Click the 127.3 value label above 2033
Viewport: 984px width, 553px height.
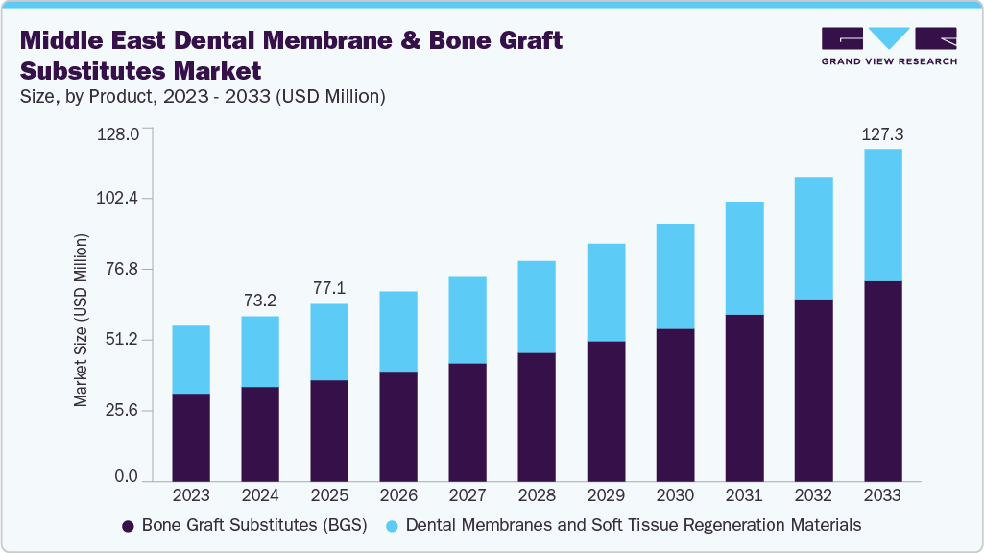click(x=882, y=135)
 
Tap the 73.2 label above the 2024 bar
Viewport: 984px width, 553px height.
click(x=260, y=301)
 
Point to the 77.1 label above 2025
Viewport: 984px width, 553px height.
click(x=329, y=288)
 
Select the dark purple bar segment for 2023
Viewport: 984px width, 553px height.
click(x=191, y=437)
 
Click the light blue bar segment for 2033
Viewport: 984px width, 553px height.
click(x=882, y=215)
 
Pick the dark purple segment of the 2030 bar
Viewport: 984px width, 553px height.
click(x=675, y=404)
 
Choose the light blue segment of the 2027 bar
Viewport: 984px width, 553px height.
click(x=468, y=320)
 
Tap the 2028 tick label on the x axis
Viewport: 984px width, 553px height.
click(x=537, y=495)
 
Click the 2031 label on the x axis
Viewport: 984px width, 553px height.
click(x=744, y=495)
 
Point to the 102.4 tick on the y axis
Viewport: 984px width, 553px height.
click(x=119, y=199)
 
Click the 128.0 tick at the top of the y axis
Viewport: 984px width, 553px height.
click(x=119, y=132)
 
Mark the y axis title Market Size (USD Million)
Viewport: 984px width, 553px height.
click(x=82, y=320)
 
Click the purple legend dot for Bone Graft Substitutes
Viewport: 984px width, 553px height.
click(x=129, y=526)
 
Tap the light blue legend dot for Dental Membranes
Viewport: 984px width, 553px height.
click(x=393, y=526)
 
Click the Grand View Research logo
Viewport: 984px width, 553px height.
click(x=888, y=46)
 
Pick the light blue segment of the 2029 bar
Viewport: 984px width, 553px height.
click(x=606, y=293)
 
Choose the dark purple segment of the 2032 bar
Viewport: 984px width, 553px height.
click(x=813, y=390)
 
